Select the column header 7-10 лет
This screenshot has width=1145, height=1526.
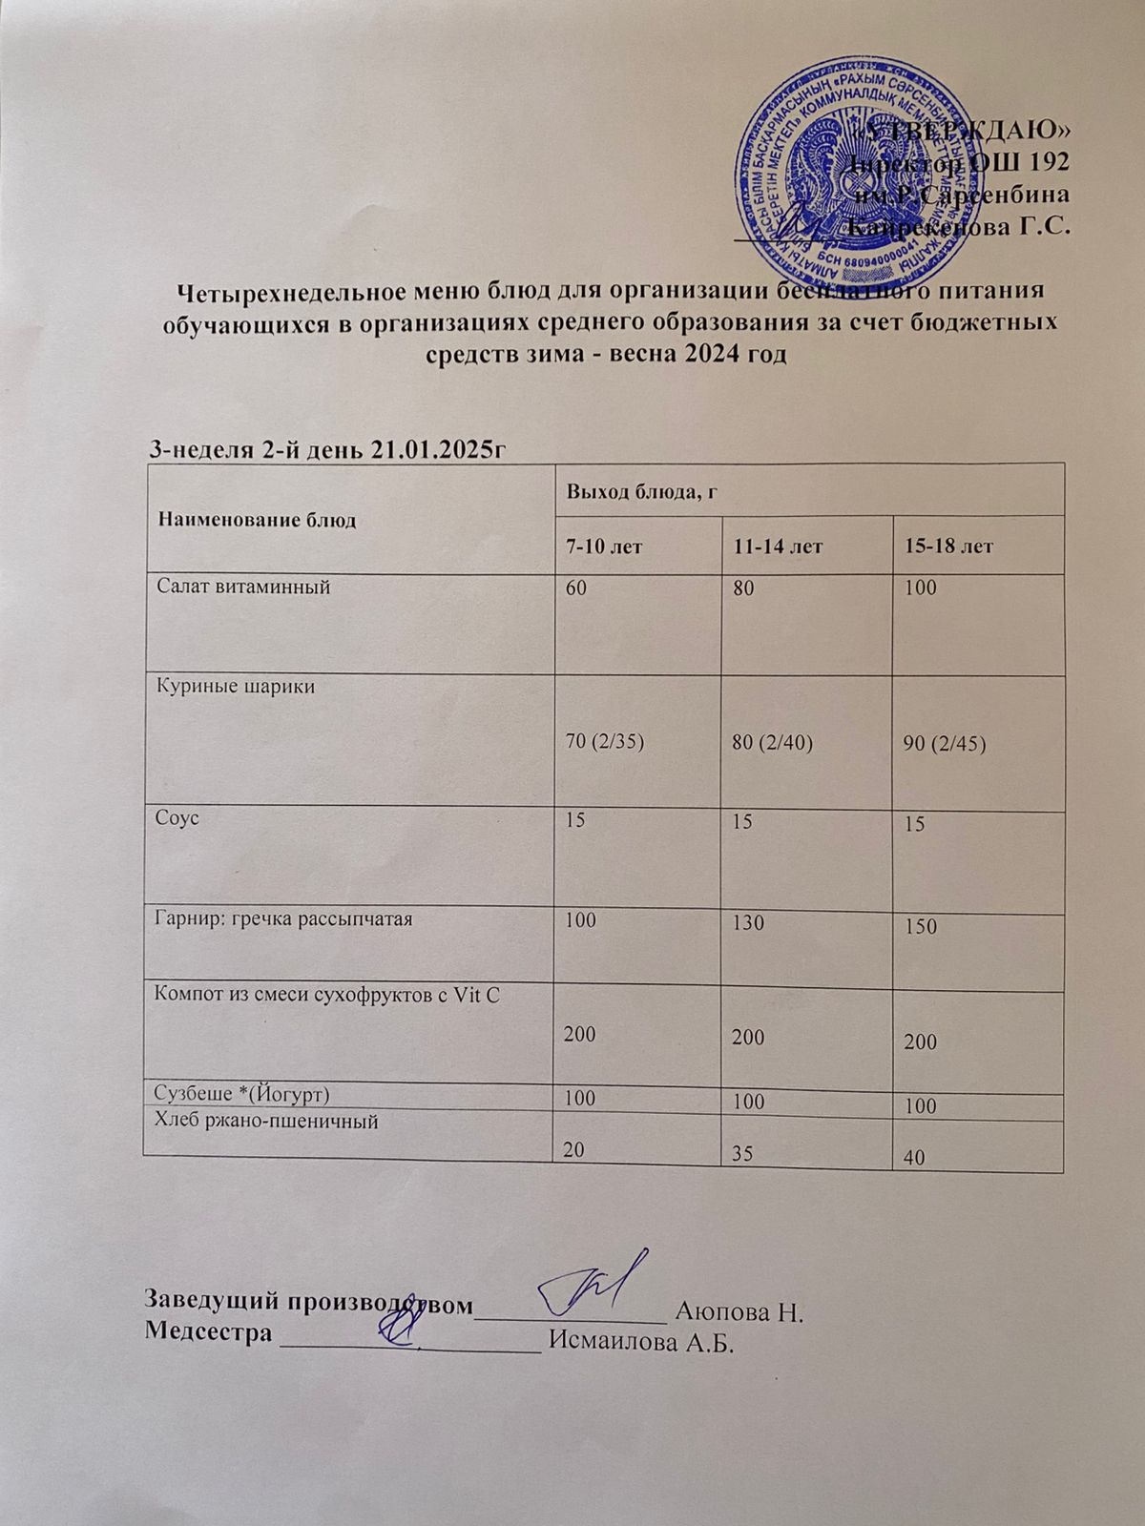point(605,546)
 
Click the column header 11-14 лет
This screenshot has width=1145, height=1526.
point(779,546)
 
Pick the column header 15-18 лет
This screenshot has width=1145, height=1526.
point(948,546)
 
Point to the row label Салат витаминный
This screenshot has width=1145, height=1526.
point(244,588)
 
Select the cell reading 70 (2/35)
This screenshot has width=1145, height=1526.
point(606,741)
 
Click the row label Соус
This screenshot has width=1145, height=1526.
point(177,818)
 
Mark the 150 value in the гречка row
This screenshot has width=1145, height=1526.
point(921,926)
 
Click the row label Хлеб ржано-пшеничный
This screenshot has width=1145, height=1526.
point(266,1122)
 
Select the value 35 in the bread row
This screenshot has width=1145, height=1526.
point(741,1153)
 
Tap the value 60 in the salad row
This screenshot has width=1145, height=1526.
point(577,588)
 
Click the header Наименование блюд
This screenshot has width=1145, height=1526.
point(257,520)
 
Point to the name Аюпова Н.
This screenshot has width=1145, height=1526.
point(740,1310)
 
